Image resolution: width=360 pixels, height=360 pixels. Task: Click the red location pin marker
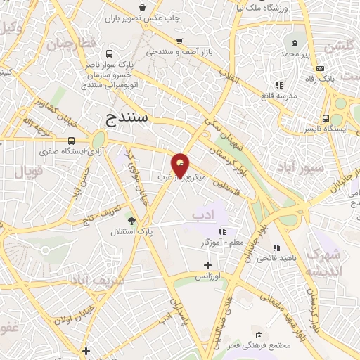click(180, 165)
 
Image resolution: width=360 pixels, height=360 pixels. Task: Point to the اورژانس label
click(207, 276)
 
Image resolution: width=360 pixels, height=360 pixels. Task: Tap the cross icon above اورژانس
click(207, 265)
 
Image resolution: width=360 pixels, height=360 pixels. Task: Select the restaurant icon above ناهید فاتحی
click(276, 247)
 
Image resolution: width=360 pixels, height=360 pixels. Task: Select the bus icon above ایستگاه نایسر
click(326, 118)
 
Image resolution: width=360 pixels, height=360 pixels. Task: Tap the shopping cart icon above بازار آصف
click(180, 41)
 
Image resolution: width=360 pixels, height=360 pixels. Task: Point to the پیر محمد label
click(290, 53)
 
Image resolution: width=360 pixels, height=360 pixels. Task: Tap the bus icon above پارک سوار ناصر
click(109, 53)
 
